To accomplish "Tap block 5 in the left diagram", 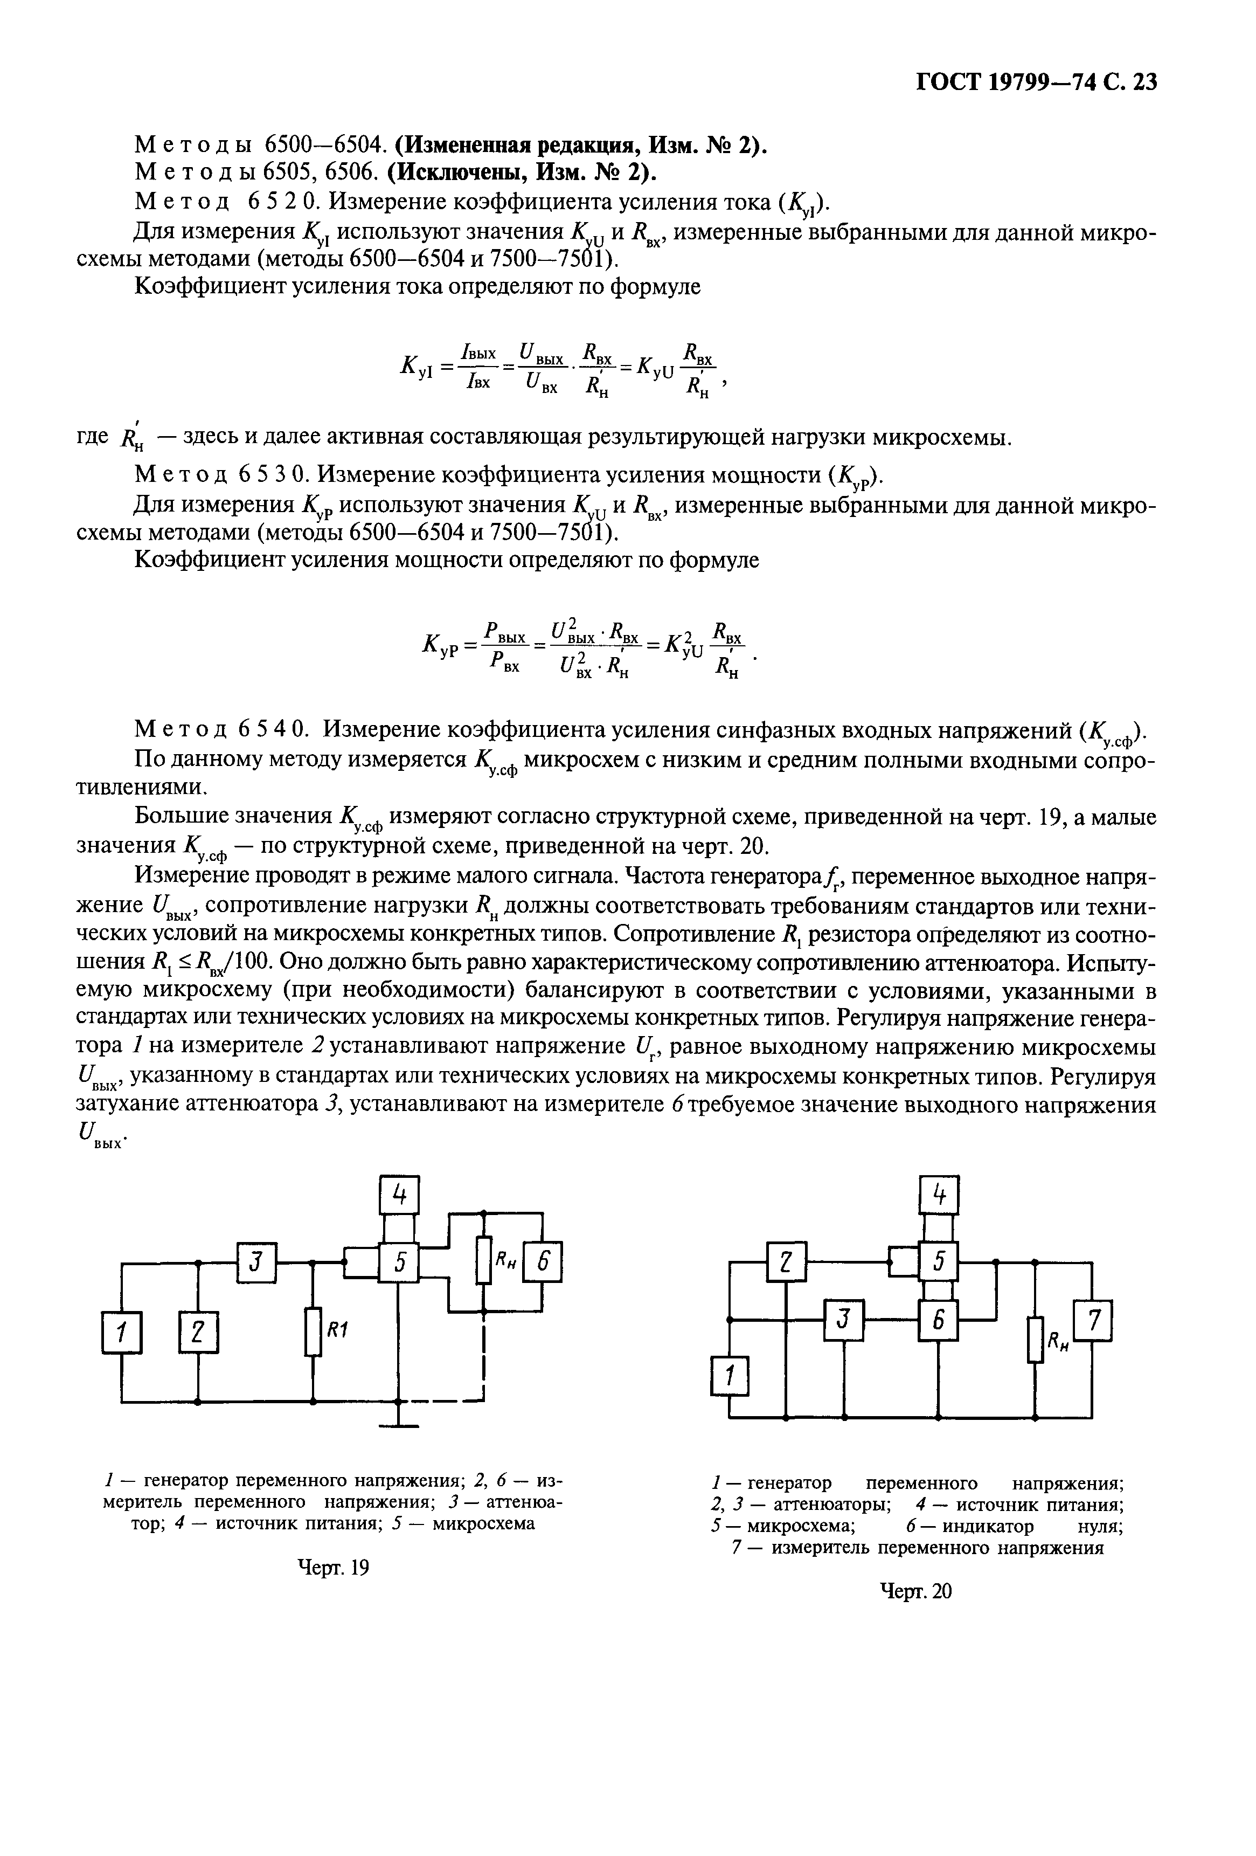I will pos(399,1262).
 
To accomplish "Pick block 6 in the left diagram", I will pos(543,1262).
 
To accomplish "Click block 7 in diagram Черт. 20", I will pos(1093,1322).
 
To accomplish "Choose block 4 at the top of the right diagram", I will pos(939,1196).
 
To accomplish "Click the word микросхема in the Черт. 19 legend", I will pos(483,1523).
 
